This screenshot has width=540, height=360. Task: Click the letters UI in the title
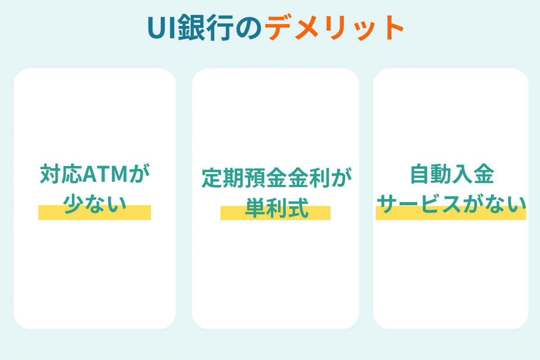click(x=161, y=27)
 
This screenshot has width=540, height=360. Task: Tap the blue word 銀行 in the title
click(x=206, y=27)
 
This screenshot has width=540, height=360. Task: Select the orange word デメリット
click(x=334, y=27)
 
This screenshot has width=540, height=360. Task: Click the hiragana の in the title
click(x=249, y=28)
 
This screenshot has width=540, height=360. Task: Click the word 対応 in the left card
click(x=61, y=174)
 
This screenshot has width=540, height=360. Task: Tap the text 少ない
click(x=95, y=204)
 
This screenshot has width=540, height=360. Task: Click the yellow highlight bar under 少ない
click(x=95, y=212)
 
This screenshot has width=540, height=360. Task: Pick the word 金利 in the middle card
click(x=309, y=178)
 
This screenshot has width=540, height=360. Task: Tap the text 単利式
click(x=277, y=208)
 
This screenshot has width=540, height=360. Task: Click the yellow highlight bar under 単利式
click(x=275, y=213)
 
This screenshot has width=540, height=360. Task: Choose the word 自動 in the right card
click(x=431, y=174)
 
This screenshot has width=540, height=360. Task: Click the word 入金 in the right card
click(x=473, y=174)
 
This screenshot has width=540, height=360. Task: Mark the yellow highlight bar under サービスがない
click(x=451, y=213)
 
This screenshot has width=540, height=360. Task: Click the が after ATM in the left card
click(x=139, y=174)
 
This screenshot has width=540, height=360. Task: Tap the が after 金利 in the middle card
click(x=341, y=178)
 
